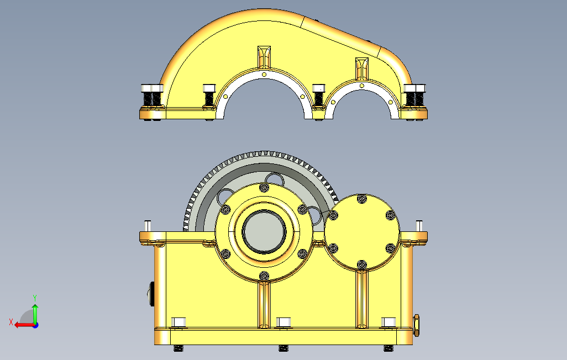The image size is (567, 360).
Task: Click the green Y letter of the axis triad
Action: click(x=35, y=298)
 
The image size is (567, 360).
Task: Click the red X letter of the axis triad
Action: click(x=11, y=322)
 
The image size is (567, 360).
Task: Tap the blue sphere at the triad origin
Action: click(x=35, y=325)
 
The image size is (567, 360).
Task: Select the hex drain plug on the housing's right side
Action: click(x=416, y=325)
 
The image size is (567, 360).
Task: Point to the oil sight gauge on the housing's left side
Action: click(x=150, y=294)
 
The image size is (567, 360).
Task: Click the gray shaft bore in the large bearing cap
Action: click(x=264, y=231)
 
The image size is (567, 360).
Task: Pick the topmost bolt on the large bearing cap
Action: click(x=264, y=188)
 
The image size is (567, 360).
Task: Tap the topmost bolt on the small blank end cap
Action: click(x=361, y=198)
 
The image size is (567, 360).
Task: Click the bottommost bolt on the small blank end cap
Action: click(x=361, y=265)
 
